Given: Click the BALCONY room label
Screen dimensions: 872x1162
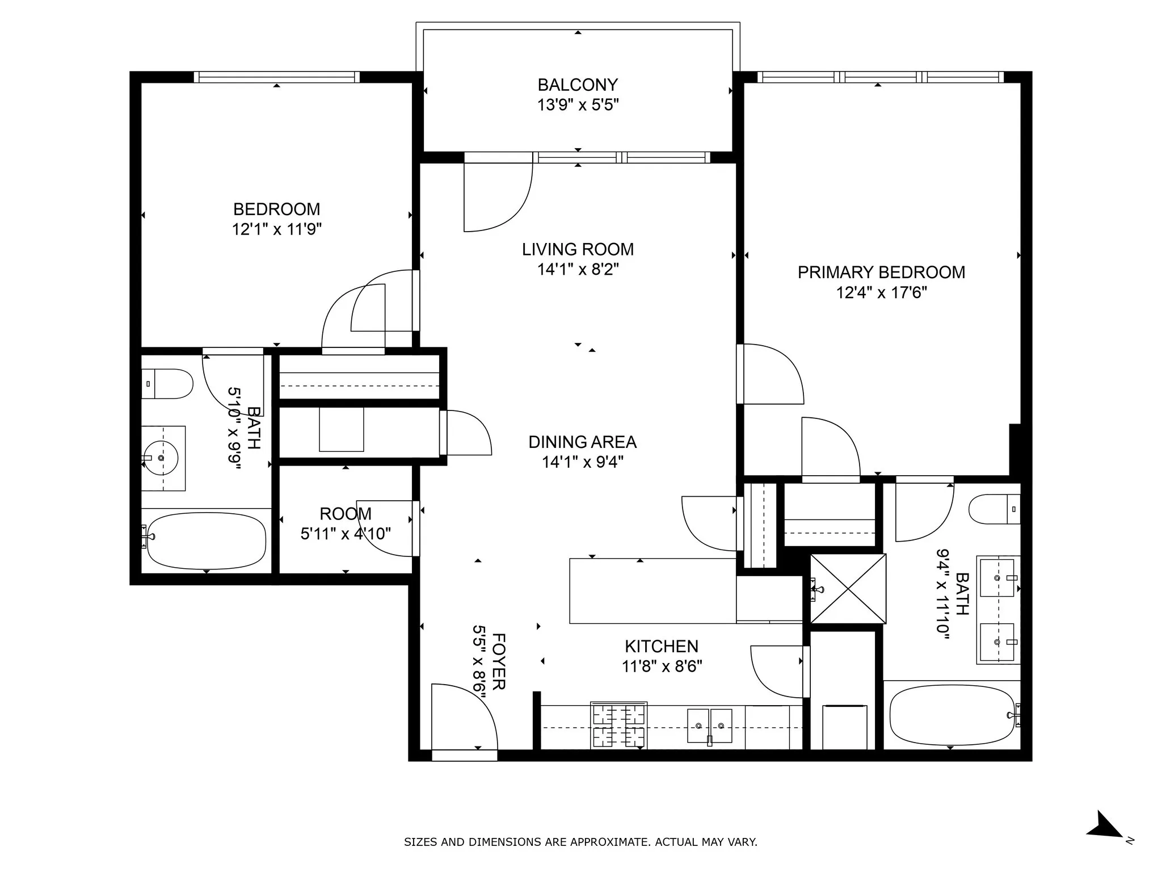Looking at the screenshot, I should pos(577,85).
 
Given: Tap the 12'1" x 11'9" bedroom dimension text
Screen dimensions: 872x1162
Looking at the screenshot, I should pos(277,229).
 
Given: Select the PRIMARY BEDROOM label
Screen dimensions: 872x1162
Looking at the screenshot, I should pos(881,272).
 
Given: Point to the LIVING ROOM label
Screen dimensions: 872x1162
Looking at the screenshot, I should pos(578,249).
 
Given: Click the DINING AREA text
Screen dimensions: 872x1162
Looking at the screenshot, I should pos(582,442).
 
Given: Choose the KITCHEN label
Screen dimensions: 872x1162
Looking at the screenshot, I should pos(661,646).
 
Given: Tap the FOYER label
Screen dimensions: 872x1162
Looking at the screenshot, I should pos(498,661).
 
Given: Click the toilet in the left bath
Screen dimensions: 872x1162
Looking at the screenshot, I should pos(167,384).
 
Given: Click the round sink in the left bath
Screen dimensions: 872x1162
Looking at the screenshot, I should pos(161,457).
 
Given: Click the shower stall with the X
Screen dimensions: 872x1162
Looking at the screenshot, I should pos(848,589).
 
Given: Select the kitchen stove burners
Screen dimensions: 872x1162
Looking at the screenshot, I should pos(618,726).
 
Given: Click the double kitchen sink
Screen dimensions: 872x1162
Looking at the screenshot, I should pos(709,726).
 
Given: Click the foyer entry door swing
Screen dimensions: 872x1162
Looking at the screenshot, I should pos(462,718).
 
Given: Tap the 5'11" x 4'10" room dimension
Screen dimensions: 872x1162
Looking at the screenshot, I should pos(346,534).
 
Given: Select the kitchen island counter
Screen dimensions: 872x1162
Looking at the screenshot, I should pos(652,591).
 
